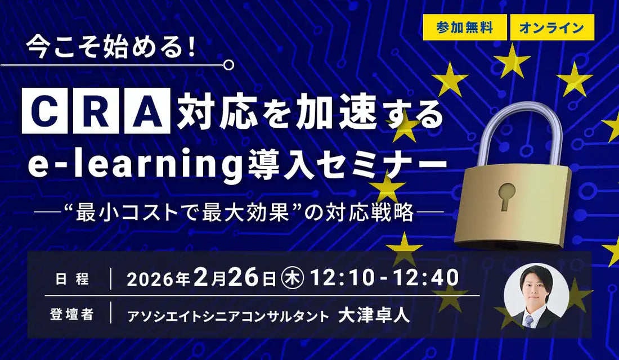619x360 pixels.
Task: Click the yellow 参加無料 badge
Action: (x=464, y=28)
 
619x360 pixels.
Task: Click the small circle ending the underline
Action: (x=228, y=66)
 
